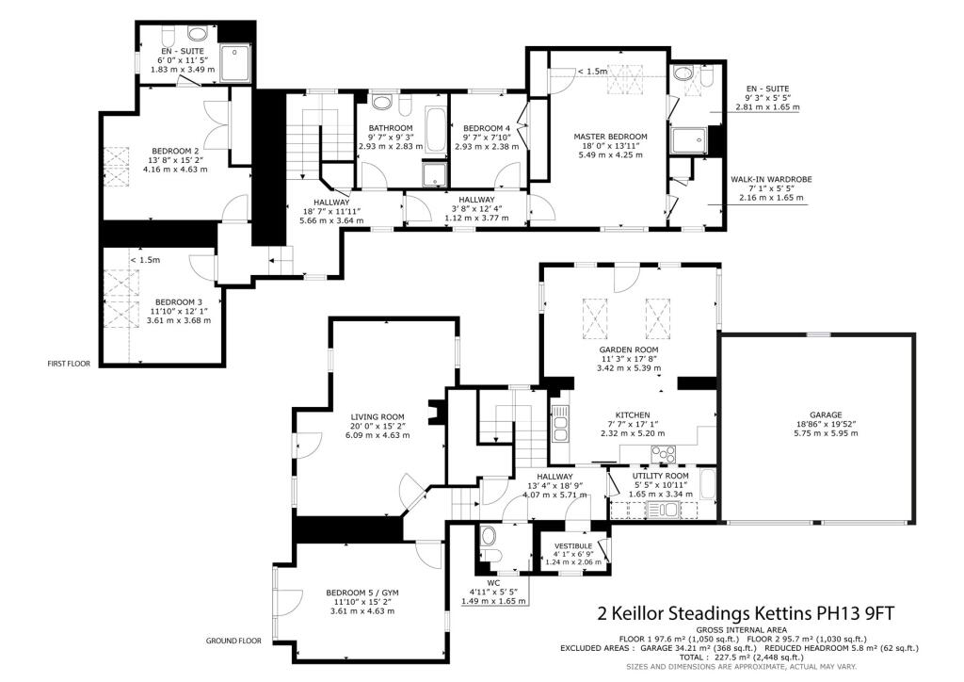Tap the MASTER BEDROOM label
(610, 137)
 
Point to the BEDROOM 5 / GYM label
(362, 593)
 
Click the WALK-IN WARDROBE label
(771, 180)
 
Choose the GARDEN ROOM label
(629, 349)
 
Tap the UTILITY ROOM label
(661, 476)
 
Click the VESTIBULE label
(573, 546)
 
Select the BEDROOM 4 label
(487, 128)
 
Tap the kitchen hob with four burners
(664, 454)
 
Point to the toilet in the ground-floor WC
(490, 543)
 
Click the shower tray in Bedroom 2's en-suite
(234, 62)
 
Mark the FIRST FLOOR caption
(69, 364)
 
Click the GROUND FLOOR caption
(233, 641)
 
